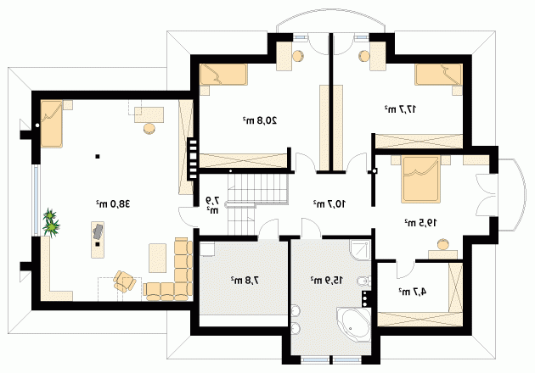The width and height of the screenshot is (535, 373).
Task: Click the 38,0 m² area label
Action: pyautogui.click(x=113, y=203)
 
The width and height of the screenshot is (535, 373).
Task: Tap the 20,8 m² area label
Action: pyautogui.click(x=260, y=120)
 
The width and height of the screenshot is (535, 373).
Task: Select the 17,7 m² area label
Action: pyautogui.click(x=401, y=109)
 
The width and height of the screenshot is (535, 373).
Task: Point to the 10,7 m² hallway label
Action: pyautogui.click(x=329, y=203)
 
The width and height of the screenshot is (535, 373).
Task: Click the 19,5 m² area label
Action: pyautogui.click(x=420, y=223)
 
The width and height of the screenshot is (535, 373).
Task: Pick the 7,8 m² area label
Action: pyautogui.click(x=245, y=280)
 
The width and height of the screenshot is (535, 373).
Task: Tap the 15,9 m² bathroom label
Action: pyautogui.click(x=327, y=280)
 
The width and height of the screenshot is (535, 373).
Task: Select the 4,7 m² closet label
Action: pyautogui.click(x=413, y=292)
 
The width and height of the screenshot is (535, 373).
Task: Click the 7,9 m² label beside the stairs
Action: pyautogui.click(x=212, y=205)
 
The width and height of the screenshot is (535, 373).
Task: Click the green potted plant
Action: pyautogui.click(x=51, y=222)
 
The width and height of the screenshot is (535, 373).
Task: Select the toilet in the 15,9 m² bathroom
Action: pyautogui.click(x=363, y=281)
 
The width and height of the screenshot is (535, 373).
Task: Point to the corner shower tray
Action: pyautogui.click(x=359, y=251)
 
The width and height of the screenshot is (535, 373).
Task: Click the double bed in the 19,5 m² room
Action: pyautogui.click(x=420, y=179)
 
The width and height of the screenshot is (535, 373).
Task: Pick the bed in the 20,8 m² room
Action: pyautogui.click(x=223, y=75)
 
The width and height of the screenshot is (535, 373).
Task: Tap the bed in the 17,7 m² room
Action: pyautogui.click(x=439, y=75)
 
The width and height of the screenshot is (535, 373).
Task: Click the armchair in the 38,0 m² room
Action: pyautogui.click(x=125, y=281)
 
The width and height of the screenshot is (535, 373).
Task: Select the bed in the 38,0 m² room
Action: pyautogui.click(x=52, y=124)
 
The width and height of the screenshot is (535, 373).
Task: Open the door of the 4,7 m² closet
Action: pyautogui.click(x=405, y=269)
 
